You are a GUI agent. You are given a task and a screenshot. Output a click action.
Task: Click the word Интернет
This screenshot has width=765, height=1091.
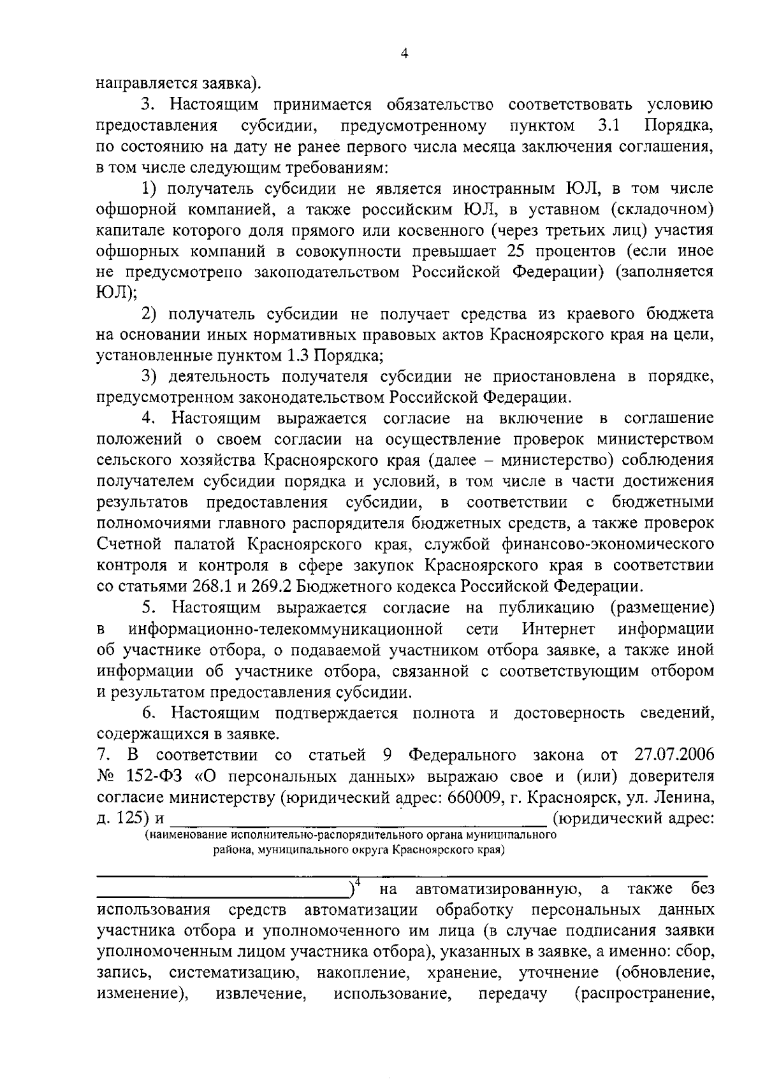coord(558,628)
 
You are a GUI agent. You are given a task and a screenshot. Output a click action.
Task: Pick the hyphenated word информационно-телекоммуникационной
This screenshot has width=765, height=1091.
coord(286,628)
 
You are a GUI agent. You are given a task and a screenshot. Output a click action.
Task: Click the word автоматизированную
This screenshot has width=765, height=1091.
coord(497,889)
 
